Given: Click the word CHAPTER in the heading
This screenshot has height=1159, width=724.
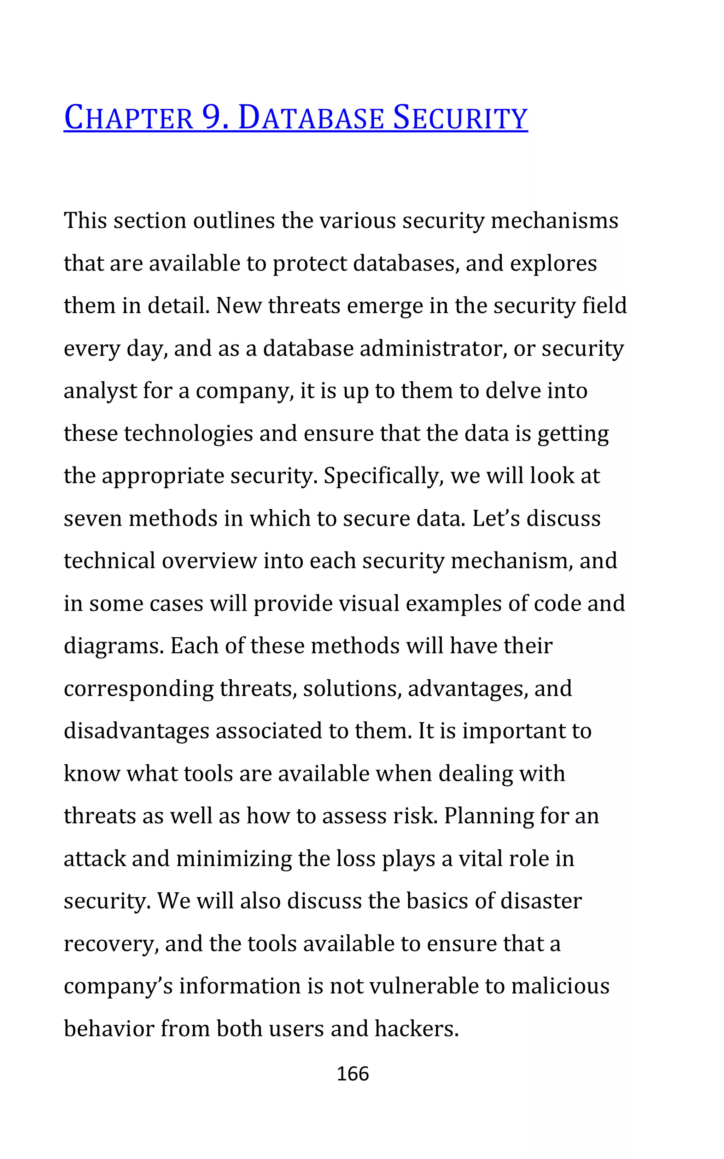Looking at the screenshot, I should click(128, 118).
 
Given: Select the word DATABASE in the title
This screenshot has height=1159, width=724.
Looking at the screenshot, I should click(311, 118).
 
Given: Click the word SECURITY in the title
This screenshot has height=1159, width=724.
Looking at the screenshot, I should click(460, 118).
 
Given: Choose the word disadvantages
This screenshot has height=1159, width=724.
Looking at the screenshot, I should click(136, 731).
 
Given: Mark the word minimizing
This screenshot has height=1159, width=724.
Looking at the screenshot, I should click(234, 859).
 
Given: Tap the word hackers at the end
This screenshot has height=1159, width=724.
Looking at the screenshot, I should click(416, 1029).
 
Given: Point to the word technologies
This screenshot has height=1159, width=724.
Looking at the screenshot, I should click(188, 434).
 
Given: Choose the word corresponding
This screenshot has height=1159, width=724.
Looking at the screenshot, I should click(138, 689).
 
